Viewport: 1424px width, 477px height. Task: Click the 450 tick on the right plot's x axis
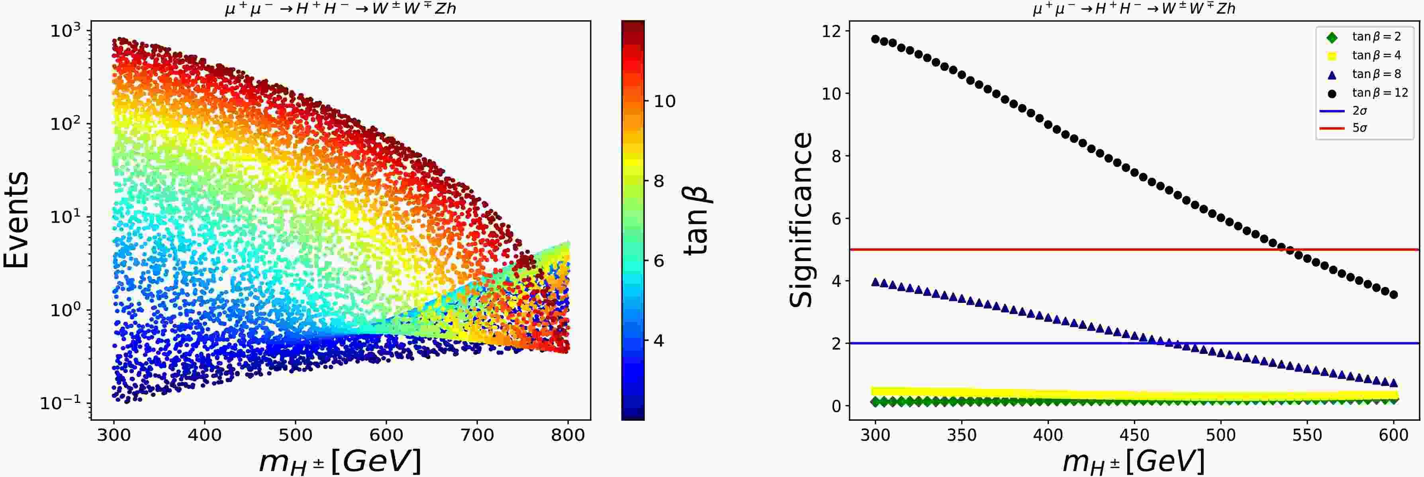point(1134,435)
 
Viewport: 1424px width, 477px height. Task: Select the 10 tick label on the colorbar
point(664,101)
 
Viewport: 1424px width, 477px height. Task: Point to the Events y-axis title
point(17,220)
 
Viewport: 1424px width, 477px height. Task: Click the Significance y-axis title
point(801,220)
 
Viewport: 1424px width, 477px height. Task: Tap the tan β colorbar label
point(697,220)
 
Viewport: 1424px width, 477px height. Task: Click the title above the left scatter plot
point(341,9)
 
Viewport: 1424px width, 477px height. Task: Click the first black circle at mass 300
point(875,39)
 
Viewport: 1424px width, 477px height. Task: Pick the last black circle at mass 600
point(1394,294)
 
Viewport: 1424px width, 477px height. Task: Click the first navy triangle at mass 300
point(875,282)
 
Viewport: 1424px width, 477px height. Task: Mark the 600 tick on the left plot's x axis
point(386,435)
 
